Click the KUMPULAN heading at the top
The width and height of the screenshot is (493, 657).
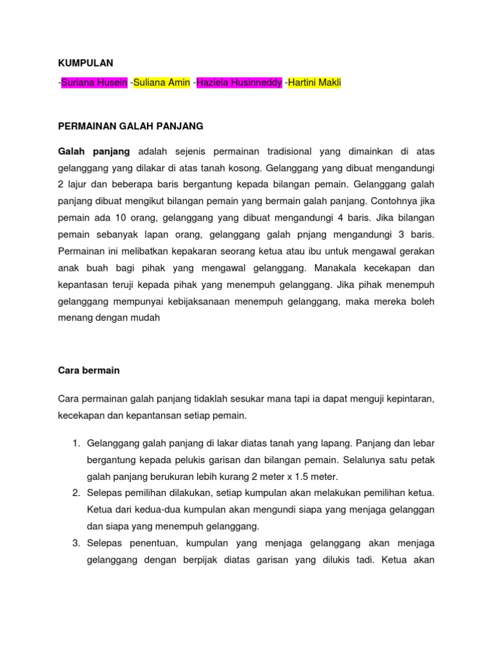[x=85, y=63]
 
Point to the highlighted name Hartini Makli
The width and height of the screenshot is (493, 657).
[x=315, y=83]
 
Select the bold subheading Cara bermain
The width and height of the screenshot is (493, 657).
[x=89, y=371]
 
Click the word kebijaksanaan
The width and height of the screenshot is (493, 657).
[x=205, y=302]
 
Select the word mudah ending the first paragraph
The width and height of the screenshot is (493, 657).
[x=154, y=318]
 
